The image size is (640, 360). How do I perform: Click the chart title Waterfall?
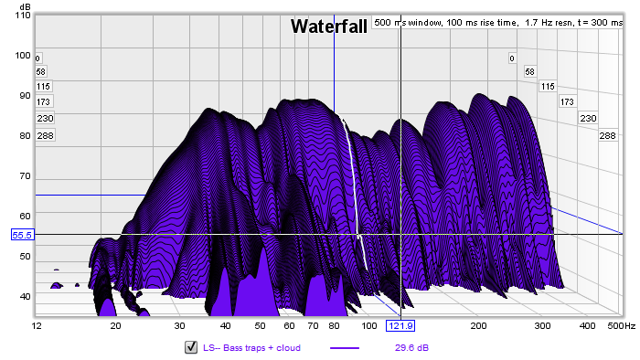[329, 26]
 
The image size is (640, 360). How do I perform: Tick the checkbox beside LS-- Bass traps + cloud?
[191, 347]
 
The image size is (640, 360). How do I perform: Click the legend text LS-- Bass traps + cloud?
[251, 348]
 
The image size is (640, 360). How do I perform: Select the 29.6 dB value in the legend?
[411, 348]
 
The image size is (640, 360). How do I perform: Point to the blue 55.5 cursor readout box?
[22, 235]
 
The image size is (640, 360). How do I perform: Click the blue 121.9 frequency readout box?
[400, 326]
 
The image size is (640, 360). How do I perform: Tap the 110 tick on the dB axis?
[23, 16]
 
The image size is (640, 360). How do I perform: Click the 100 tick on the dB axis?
[23, 56]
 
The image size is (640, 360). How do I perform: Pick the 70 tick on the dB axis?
[25, 176]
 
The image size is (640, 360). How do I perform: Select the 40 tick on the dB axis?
[25, 296]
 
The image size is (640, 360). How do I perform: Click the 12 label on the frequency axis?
[37, 326]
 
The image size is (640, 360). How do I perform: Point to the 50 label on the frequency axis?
[260, 326]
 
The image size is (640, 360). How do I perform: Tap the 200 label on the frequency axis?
[478, 326]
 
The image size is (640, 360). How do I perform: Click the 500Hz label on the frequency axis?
[621, 326]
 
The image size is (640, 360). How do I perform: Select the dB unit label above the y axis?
[25, 7]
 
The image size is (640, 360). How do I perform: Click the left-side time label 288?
[46, 135]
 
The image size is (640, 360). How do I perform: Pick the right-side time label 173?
[567, 102]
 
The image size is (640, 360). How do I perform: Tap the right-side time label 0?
[512, 58]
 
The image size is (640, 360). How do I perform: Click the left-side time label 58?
[41, 72]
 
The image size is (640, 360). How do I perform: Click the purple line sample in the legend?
[345, 348]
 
